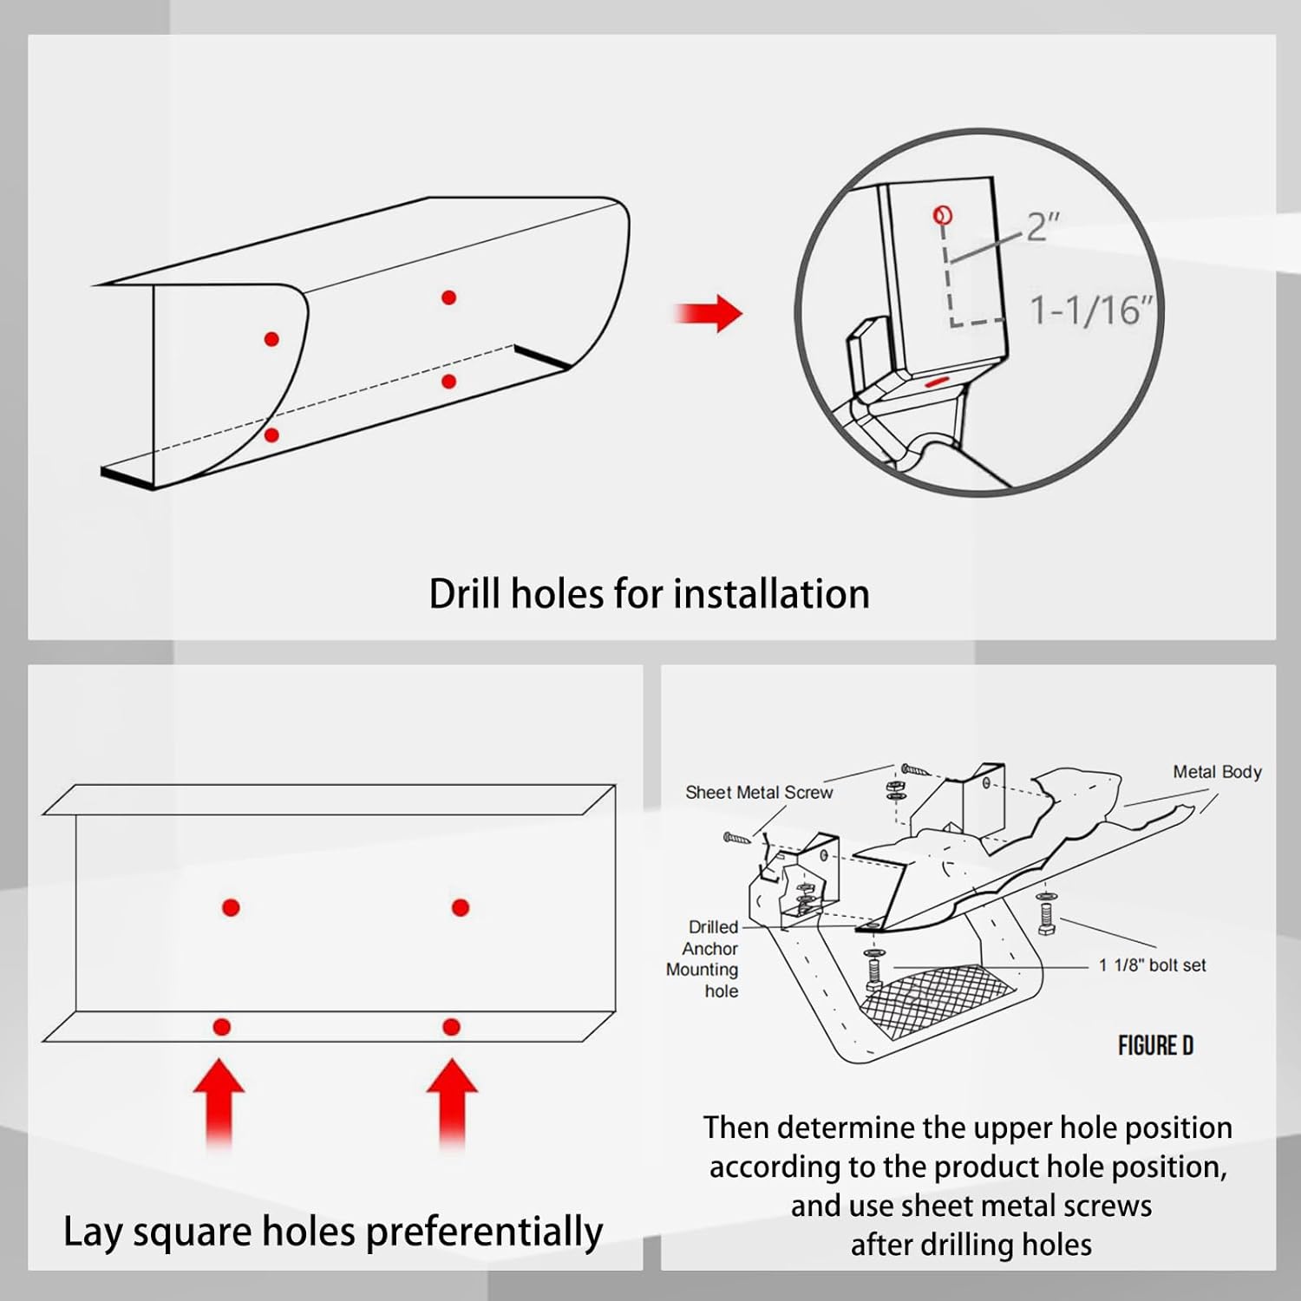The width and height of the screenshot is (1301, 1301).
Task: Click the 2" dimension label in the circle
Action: [x=1043, y=227]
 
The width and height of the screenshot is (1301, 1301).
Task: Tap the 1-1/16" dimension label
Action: [x=1091, y=310]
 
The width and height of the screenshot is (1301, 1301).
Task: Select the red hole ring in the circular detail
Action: [x=943, y=215]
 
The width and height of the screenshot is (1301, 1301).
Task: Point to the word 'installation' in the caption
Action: [x=771, y=595]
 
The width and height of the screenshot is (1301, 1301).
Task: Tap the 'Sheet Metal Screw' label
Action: [x=759, y=792]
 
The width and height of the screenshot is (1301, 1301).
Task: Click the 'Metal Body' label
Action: [x=1217, y=772]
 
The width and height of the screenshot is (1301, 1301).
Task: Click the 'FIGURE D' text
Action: [x=1155, y=1046]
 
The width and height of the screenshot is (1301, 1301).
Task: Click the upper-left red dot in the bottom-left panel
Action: [x=231, y=907]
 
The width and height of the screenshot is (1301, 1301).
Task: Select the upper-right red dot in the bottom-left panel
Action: [x=461, y=907]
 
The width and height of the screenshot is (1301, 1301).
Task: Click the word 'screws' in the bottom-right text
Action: [x=1107, y=1206]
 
